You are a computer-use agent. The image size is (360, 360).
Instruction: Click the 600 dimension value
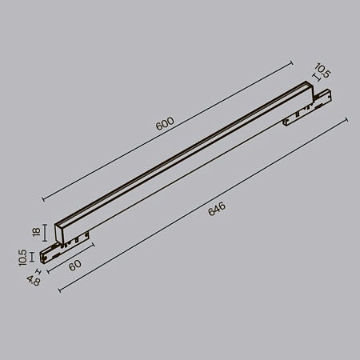pyautogui.click(x=166, y=124)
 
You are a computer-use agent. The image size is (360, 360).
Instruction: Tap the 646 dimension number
pyautogui.click(x=217, y=210)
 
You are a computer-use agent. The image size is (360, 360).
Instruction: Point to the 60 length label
pyautogui.click(x=76, y=265)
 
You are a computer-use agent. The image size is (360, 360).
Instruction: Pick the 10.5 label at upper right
pyautogui.click(x=322, y=73)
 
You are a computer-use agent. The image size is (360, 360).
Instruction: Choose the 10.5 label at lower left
pyautogui.click(x=23, y=255)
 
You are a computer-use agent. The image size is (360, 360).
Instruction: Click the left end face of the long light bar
pyautogui.click(x=62, y=232)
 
